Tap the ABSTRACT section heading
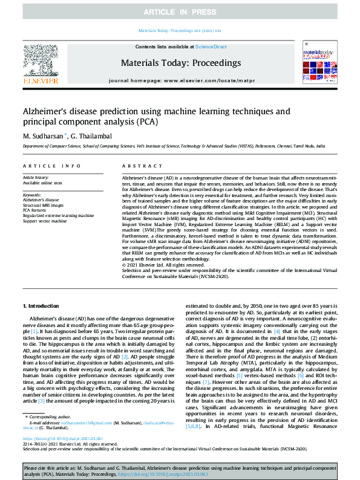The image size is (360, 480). (x=137, y=166)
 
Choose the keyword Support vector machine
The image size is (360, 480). (x=45, y=221)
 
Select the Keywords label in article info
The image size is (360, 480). (x=32, y=195)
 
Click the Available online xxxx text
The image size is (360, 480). (x=42, y=182)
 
